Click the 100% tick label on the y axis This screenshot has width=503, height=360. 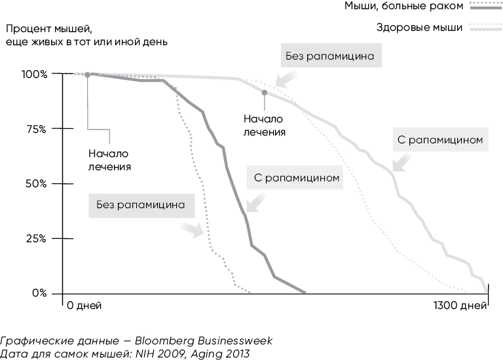34,74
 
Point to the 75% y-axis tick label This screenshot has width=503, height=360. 35,129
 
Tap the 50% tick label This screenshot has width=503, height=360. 35,184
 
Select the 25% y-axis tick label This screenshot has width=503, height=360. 35,239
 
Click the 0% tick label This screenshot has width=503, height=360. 38,293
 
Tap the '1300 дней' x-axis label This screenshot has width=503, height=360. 460,306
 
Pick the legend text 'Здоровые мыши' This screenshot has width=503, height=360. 420,27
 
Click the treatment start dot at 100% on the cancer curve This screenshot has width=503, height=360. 88,74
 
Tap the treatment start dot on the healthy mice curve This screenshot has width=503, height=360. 265,92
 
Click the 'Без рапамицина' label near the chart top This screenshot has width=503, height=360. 329,57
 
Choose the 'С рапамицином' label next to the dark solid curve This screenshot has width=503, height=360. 297,177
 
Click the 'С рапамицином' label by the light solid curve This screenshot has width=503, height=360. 439,139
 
